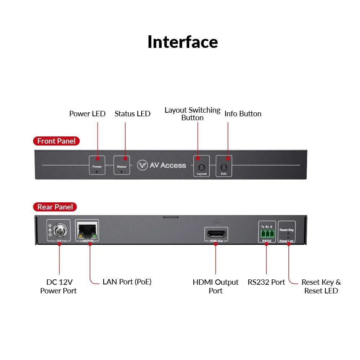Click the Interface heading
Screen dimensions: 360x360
point(183,42)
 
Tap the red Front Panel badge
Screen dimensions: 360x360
point(56,141)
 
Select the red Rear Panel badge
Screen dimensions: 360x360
point(55,207)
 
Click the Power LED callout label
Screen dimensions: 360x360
point(87,114)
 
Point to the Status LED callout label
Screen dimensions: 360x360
point(132,114)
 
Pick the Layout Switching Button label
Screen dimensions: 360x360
point(192,114)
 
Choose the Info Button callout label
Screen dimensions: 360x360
point(243,114)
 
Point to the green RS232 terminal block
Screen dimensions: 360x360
point(267,234)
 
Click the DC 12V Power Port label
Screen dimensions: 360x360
point(58,286)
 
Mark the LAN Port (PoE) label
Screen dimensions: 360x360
point(127,282)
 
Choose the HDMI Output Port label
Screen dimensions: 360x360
point(216,286)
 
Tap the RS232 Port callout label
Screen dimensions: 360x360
point(266,282)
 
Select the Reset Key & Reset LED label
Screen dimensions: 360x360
point(321,286)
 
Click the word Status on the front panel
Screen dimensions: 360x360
point(122,167)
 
